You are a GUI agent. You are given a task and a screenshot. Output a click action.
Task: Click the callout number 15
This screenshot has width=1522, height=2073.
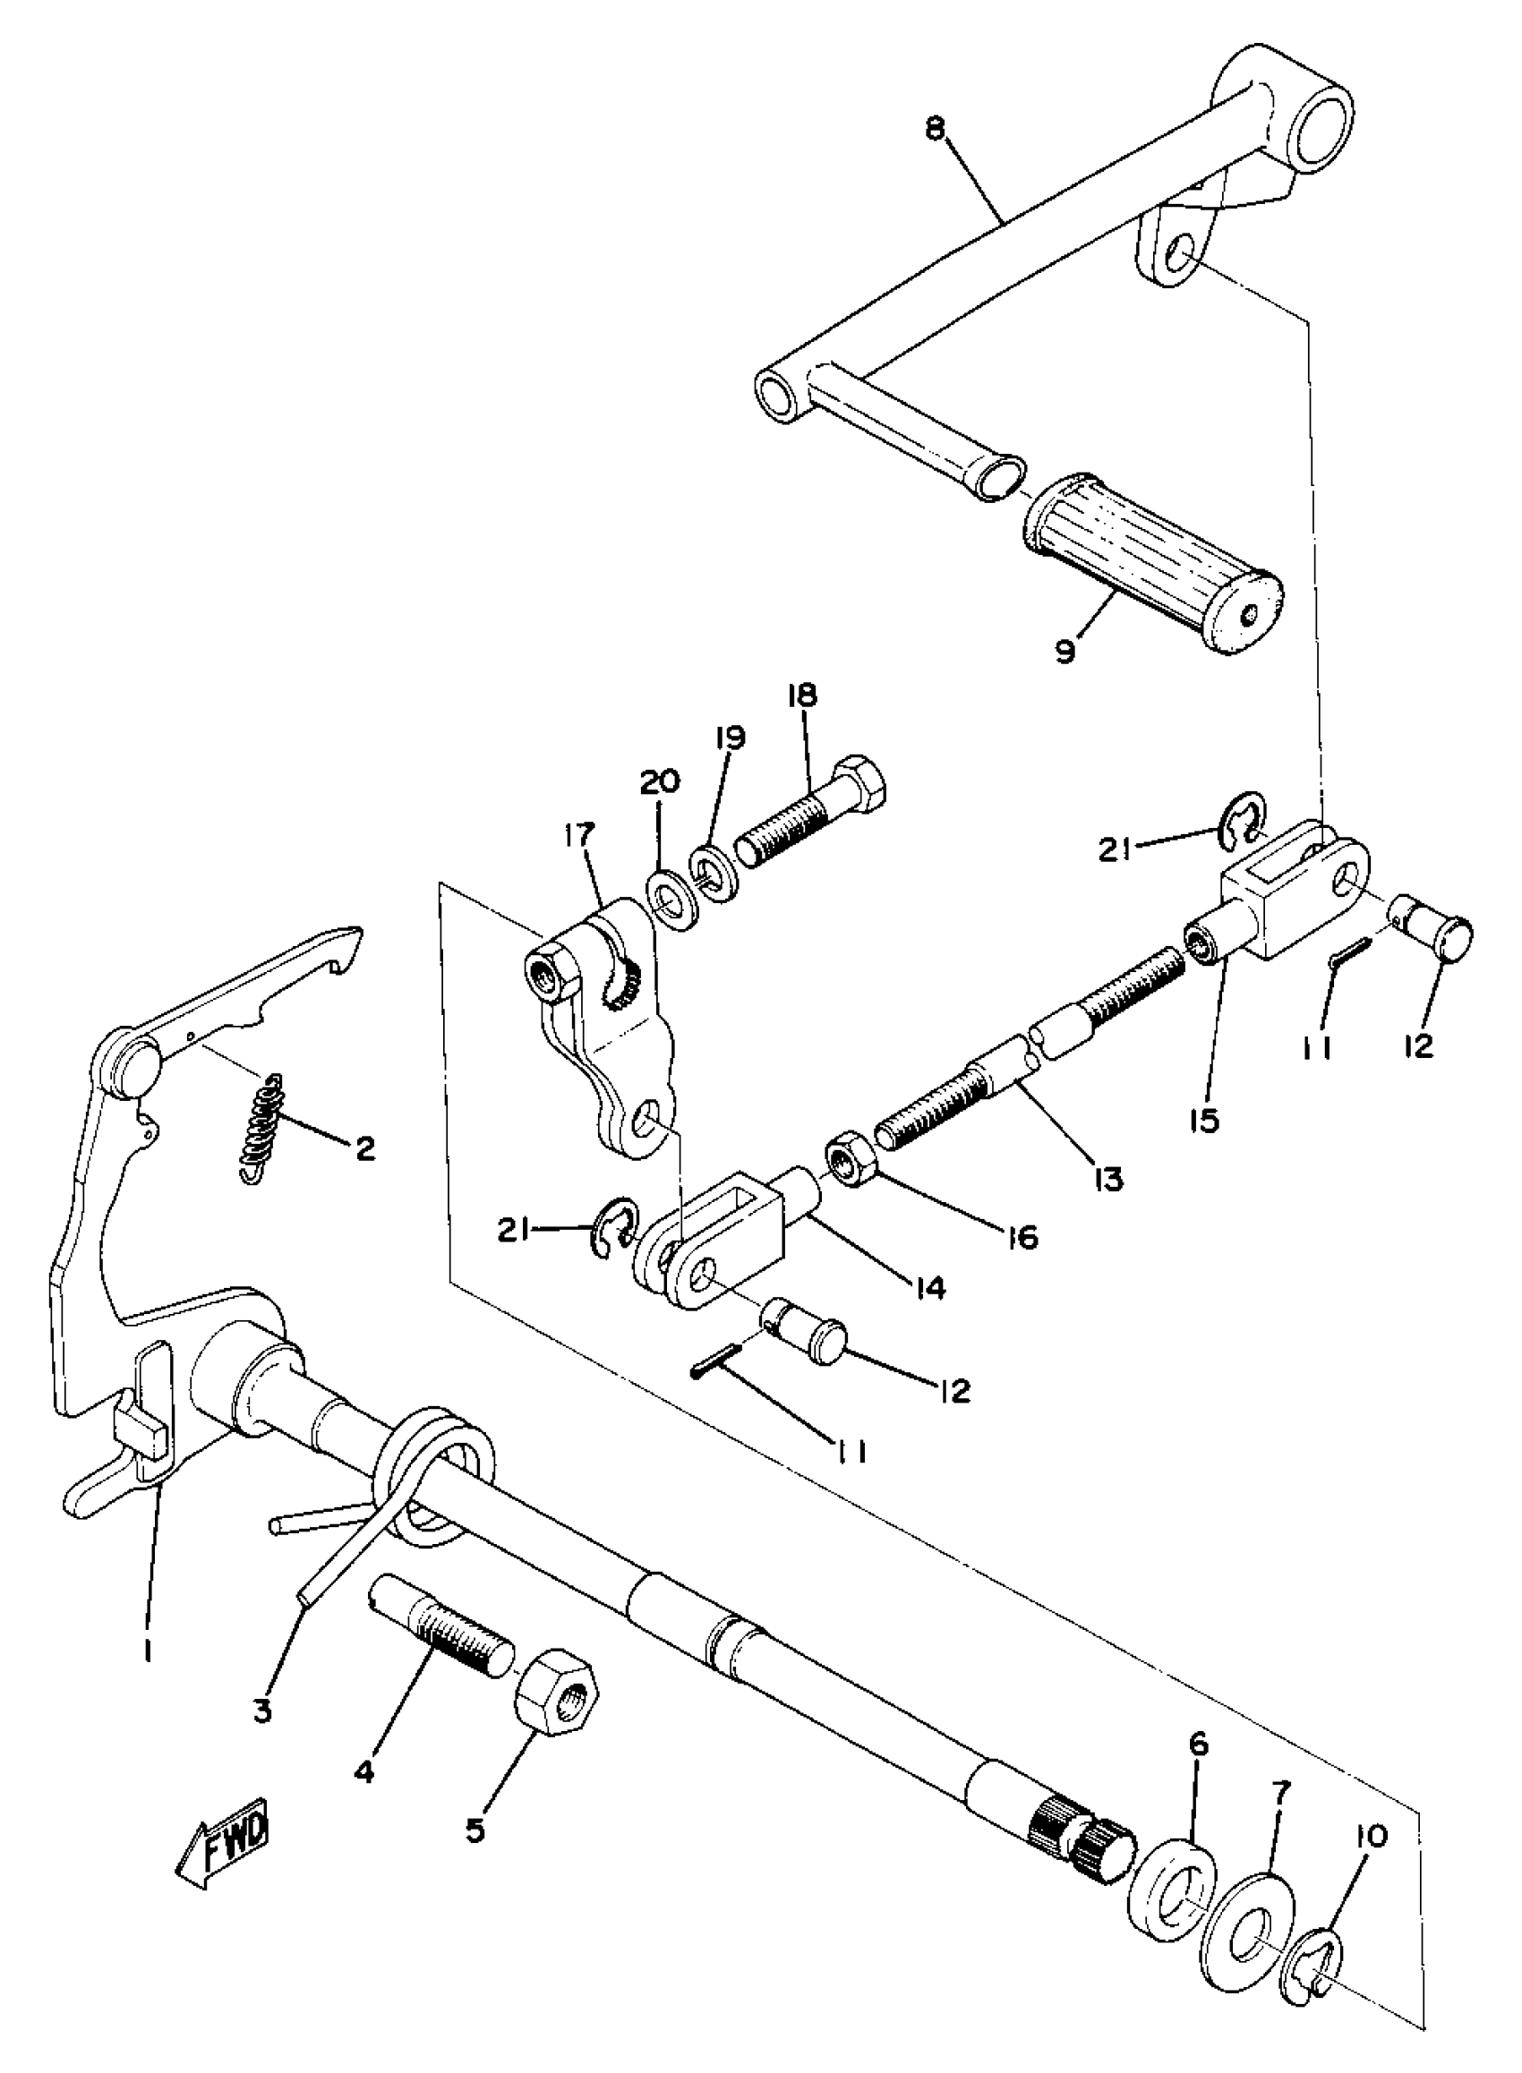(1204, 1121)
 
